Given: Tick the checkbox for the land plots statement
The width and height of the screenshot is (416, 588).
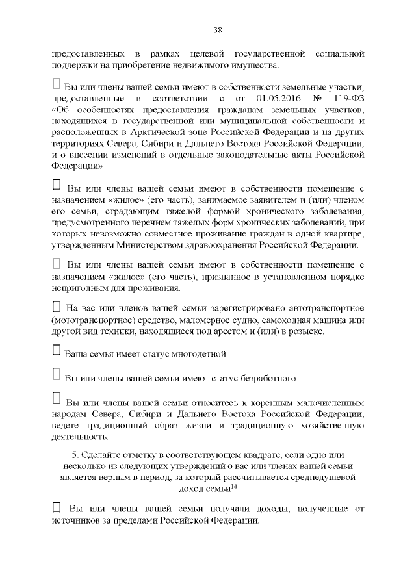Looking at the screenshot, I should click(57, 84).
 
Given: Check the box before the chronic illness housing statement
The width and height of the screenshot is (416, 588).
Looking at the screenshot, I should click(57, 186).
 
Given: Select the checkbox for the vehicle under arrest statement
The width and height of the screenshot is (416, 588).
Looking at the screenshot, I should click(57, 306).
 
